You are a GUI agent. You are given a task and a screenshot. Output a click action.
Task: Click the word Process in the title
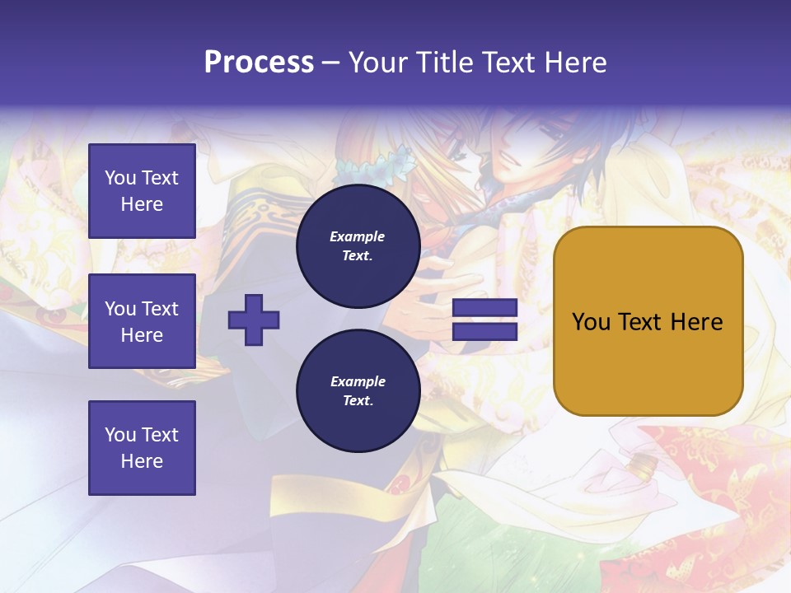[259, 63]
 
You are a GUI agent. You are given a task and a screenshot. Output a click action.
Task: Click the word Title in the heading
[445, 63]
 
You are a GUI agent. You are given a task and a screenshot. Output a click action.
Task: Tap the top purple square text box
[142, 191]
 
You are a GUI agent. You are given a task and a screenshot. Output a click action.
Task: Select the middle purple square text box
[142, 321]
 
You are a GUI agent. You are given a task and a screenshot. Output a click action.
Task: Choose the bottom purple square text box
[142, 447]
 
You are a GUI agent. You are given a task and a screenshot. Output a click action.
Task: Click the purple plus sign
[254, 320]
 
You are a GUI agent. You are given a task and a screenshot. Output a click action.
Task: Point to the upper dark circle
[358, 246]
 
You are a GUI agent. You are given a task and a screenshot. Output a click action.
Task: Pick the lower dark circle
[358, 391]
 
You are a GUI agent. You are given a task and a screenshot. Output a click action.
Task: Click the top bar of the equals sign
[485, 308]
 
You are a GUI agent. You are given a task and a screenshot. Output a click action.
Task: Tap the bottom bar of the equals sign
[485, 332]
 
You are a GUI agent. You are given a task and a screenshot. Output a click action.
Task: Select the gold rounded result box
[648, 320]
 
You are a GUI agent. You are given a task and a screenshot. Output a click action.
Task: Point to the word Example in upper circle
[357, 236]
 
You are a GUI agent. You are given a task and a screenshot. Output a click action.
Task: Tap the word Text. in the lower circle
[358, 401]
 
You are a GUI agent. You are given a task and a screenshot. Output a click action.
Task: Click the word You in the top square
[120, 178]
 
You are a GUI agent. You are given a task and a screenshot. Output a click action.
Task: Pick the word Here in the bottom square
[142, 461]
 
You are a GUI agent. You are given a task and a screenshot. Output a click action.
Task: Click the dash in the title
[331, 63]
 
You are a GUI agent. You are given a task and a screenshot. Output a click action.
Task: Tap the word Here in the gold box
[696, 322]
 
